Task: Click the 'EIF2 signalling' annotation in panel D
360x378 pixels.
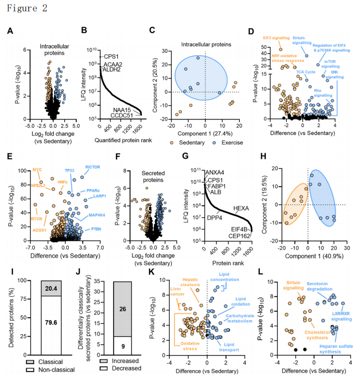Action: click(x=282, y=36)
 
